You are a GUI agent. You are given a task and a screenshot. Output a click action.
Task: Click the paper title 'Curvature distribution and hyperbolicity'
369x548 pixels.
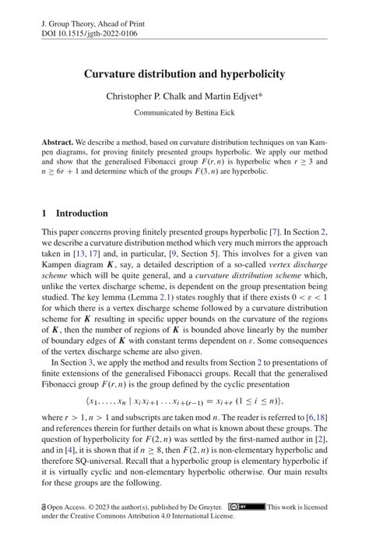pyautogui.click(x=184, y=74)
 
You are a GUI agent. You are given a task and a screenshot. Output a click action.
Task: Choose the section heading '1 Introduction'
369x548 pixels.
pyautogui.click(x=75, y=213)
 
